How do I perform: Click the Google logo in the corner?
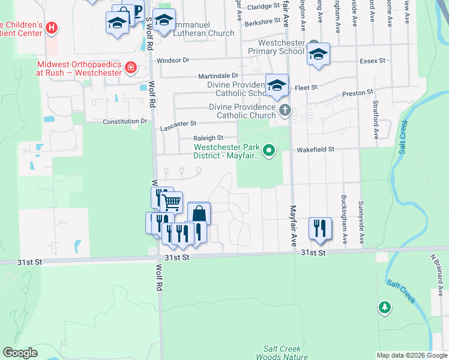[x=20, y=353]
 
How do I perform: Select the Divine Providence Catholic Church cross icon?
[x=285, y=110]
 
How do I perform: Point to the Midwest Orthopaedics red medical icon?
[x=131, y=67]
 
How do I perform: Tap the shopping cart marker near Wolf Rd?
[x=172, y=203]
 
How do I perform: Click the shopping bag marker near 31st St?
[x=199, y=214]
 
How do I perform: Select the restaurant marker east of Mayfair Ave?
[x=319, y=228]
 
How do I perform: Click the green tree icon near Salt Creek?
[x=384, y=307]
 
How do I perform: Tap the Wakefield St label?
[x=314, y=149]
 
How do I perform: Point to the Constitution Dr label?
[x=124, y=121]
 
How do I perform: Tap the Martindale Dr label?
[x=218, y=76]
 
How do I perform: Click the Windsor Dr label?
[x=173, y=61]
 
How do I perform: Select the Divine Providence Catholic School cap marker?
[x=277, y=86]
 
